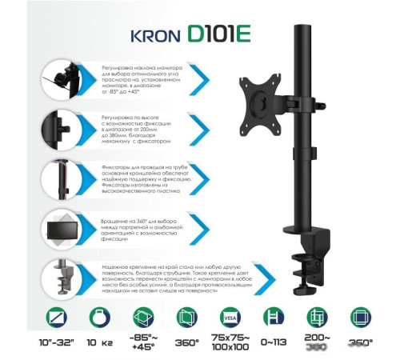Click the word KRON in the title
click(x=154, y=38)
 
